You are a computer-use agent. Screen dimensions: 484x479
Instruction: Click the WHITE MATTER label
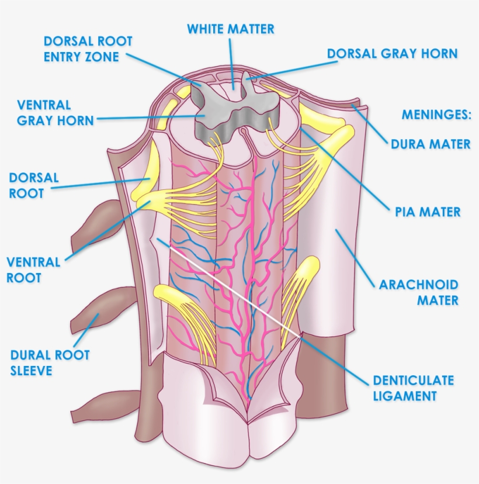tap(230, 29)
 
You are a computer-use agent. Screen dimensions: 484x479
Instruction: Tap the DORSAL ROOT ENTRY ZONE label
tap(88, 49)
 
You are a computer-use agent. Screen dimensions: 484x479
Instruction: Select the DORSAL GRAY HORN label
tap(392, 53)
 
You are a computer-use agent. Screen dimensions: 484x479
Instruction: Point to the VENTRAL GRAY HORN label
tap(55, 113)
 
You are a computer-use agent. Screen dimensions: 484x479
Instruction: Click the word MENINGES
tap(436, 115)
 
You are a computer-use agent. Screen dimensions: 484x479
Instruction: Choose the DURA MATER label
tap(431, 144)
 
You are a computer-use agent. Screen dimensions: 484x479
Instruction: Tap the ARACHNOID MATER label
tap(419, 292)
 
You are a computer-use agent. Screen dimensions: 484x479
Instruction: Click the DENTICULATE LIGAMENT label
tap(413, 388)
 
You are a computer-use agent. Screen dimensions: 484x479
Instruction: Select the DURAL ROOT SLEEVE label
tap(50, 362)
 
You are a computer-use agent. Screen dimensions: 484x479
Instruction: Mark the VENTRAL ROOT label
tap(33, 269)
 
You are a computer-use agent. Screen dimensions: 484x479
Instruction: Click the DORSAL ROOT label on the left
tap(34, 185)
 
